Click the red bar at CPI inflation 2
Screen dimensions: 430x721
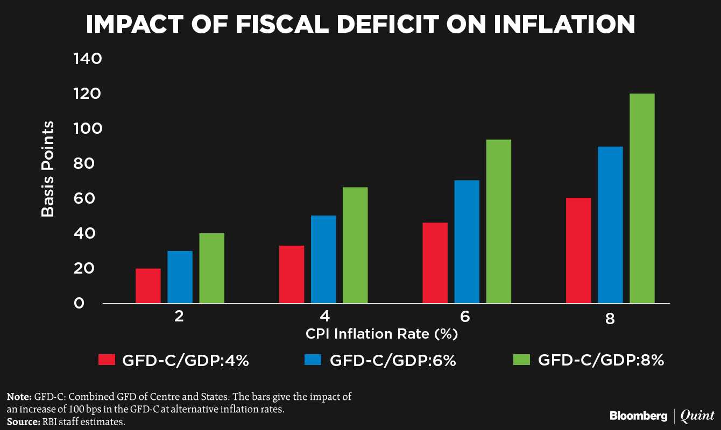tap(148, 286)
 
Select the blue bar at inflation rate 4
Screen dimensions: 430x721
tap(323, 260)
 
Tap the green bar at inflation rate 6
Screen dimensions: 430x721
tap(498, 221)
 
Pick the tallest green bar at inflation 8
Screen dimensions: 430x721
tap(642, 199)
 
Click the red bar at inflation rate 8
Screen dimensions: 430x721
tap(578, 250)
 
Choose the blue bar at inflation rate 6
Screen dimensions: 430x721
tap(466, 242)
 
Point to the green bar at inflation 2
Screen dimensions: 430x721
tap(211, 268)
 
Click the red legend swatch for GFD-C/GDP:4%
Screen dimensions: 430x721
tap(107, 360)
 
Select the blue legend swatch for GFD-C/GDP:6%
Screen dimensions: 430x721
tap(314, 360)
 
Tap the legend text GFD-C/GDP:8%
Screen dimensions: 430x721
tap(601, 360)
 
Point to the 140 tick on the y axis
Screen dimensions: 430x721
tap(87, 59)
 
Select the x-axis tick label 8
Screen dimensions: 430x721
tap(610, 318)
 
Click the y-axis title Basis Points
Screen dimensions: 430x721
tap(48, 168)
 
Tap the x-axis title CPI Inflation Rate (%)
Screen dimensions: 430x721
tap(381, 334)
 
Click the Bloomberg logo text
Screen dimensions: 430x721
tap(638, 415)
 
